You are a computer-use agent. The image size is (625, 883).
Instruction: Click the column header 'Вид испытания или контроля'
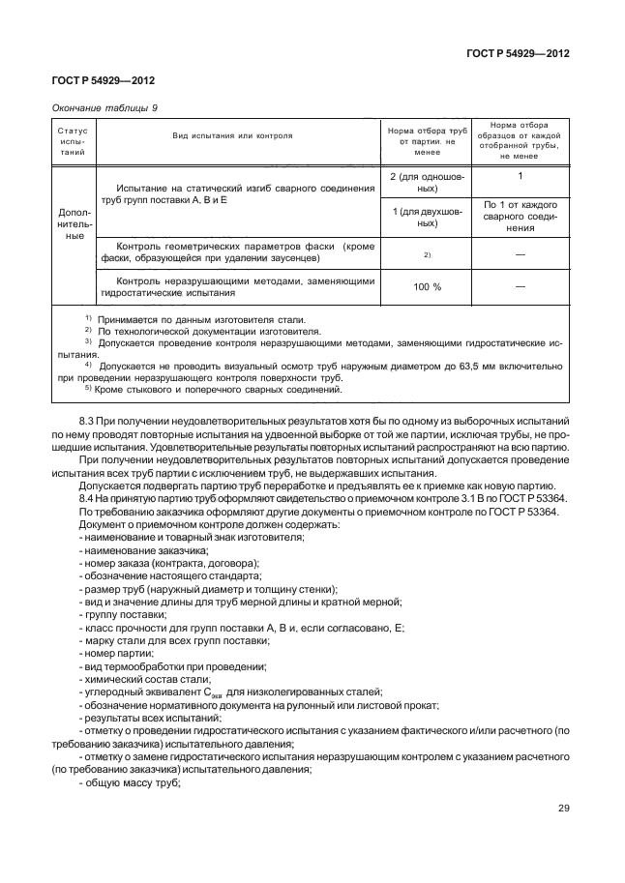point(233,136)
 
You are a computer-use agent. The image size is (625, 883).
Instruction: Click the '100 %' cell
point(427,287)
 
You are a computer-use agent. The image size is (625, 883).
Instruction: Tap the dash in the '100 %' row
point(520,287)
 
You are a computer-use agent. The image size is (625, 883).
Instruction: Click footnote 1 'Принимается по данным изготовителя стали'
point(193,319)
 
